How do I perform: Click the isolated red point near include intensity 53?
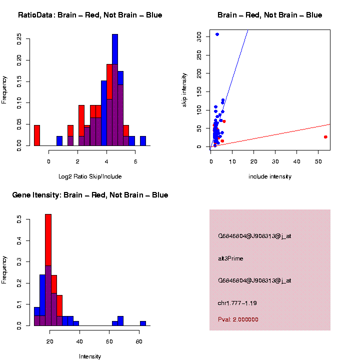click(325, 137)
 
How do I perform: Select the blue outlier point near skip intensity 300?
click(217, 34)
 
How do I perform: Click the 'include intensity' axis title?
click(270, 176)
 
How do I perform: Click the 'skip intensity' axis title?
click(184, 89)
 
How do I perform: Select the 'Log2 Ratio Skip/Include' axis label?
click(90, 176)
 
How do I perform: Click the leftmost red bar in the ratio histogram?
click(37, 135)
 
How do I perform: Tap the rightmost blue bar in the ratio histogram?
click(143, 141)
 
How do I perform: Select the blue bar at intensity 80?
click(143, 323)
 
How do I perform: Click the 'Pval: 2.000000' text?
click(238, 319)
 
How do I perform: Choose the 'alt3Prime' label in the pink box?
click(230, 258)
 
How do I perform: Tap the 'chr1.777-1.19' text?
click(237, 303)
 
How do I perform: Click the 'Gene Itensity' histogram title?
click(90, 195)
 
